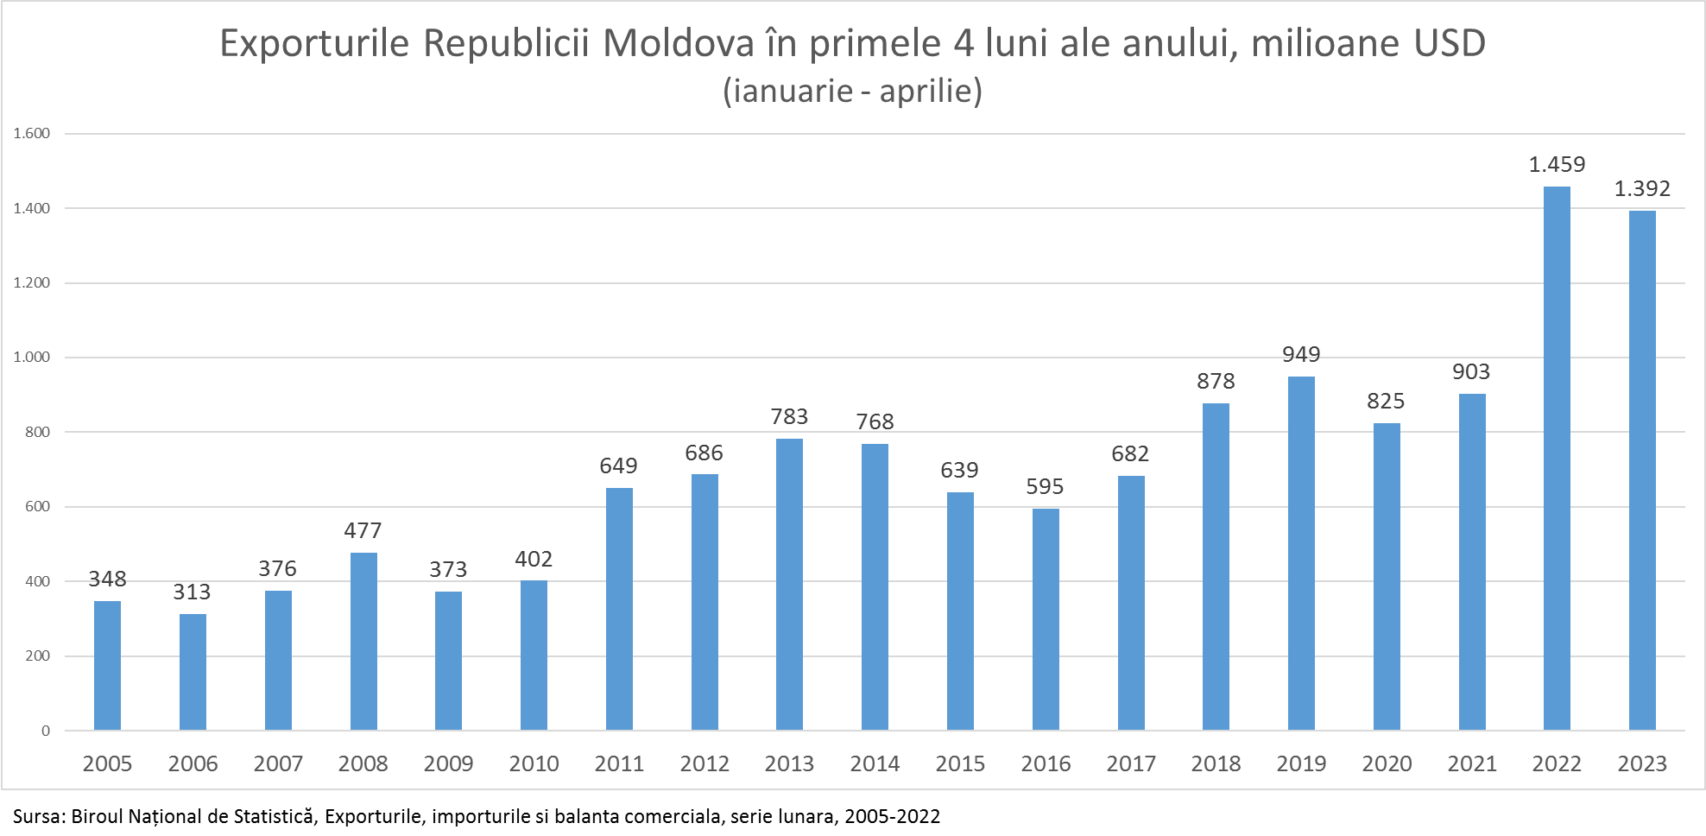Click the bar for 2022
[1557, 458]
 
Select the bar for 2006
[193, 672]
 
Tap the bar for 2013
[789, 584]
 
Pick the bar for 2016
[1046, 619]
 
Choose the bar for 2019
[1301, 553]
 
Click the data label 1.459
[1557, 164]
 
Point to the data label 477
[363, 530]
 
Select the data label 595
[1045, 486]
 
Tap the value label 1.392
[1642, 188]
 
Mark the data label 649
[618, 465]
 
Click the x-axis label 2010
[534, 763]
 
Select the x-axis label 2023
[1642, 763]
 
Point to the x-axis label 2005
[107, 763]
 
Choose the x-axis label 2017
[1131, 763]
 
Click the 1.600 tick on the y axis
[32, 133]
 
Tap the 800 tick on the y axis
[38, 432]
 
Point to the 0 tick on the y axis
[46, 731]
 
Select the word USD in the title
[1450, 43]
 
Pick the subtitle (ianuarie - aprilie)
[852, 91]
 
